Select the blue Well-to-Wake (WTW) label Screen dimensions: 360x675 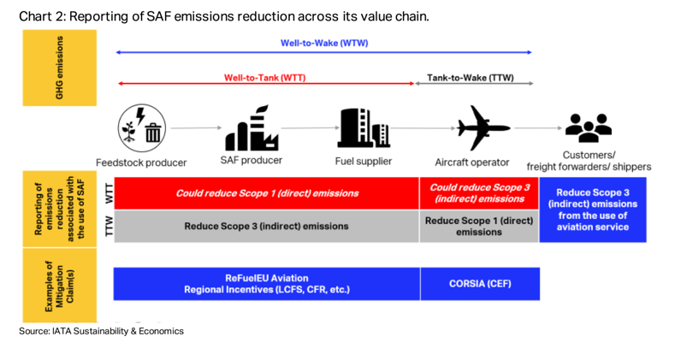(x=324, y=44)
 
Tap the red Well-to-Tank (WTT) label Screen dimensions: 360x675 (x=264, y=78)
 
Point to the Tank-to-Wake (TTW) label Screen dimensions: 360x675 (x=471, y=78)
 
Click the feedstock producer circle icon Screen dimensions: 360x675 (x=140, y=129)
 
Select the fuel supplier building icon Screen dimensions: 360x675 (x=363, y=129)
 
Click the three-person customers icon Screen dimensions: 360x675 (x=589, y=128)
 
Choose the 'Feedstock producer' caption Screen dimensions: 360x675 (x=141, y=162)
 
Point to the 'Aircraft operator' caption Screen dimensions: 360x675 (x=472, y=162)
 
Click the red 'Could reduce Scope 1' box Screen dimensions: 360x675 (x=266, y=193)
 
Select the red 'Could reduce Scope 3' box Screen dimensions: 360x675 (x=479, y=193)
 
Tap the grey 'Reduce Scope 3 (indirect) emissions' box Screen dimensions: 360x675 (x=266, y=227)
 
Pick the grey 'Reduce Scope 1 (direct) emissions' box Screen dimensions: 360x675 (x=479, y=227)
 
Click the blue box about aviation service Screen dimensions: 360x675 (x=593, y=210)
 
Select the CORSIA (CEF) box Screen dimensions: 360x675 (x=480, y=284)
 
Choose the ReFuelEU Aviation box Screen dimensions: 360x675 (x=266, y=284)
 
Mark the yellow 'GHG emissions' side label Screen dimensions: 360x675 (x=60, y=68)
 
